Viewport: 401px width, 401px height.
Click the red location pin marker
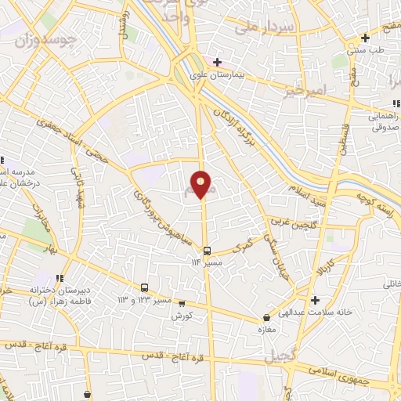tap(201, 184)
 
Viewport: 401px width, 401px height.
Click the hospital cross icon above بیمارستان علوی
tap(218, 62)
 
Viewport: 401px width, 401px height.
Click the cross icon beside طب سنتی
tap(365, 38)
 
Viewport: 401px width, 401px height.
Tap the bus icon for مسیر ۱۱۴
tap(207, 251)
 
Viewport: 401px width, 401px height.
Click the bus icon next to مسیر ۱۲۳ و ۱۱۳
tap(144, 287)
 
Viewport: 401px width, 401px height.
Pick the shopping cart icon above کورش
tap(182, 303)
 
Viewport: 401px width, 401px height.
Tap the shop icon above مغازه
tap(268, 317)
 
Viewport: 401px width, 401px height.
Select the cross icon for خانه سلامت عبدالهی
tap(315, 300)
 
